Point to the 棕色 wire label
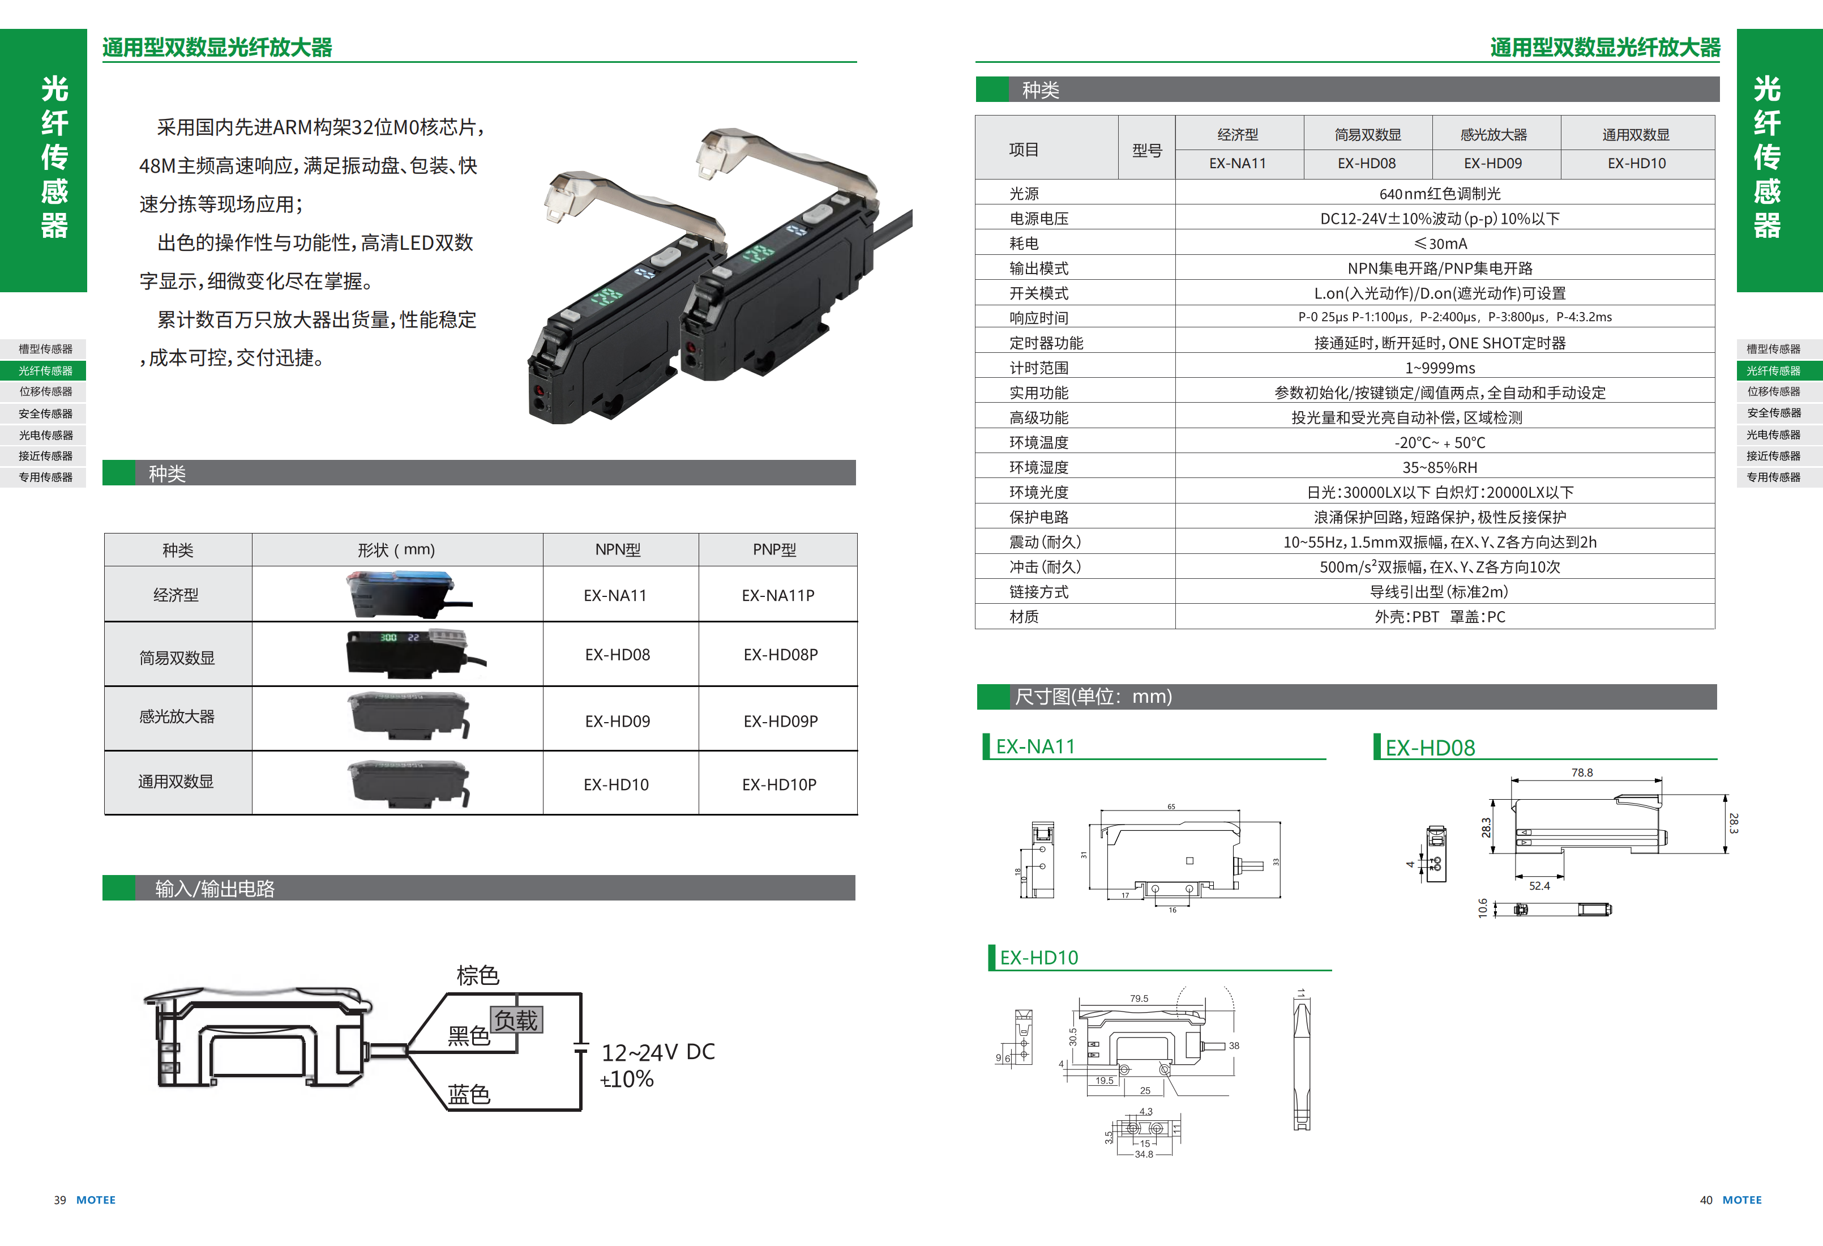478,975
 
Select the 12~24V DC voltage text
657,1052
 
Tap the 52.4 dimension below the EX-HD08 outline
1539,886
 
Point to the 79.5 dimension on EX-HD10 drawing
1139,999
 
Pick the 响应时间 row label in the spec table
1038,318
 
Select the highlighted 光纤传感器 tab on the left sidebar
45,370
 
